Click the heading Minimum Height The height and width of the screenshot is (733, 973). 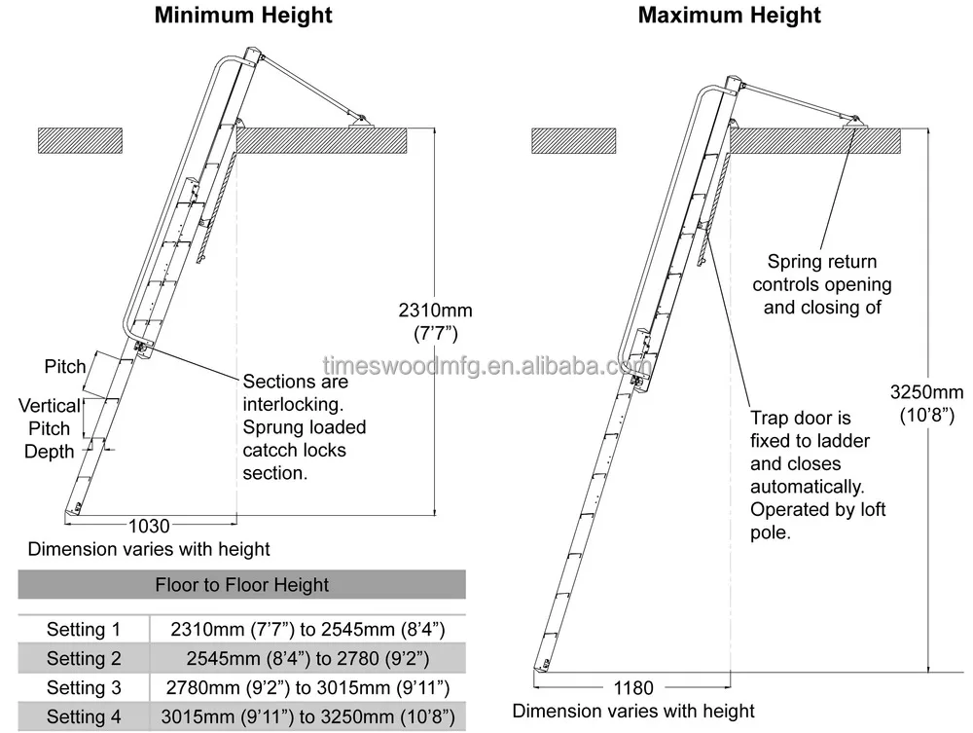coord(243,16)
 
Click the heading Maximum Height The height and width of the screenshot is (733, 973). coord(730,16)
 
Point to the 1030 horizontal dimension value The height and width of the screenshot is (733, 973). coord(149,526)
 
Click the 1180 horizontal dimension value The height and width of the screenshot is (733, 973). coord(632,688)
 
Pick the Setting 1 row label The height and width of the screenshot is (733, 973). coord(84,630)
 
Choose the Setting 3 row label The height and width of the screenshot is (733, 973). coord(84,688)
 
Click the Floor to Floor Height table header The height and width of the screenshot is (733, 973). coord(242,585)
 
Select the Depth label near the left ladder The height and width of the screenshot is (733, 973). coord(49,451)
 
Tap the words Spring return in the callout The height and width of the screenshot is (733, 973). coord(821,262)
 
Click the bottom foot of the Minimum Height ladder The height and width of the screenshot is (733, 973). coord(75,508)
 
